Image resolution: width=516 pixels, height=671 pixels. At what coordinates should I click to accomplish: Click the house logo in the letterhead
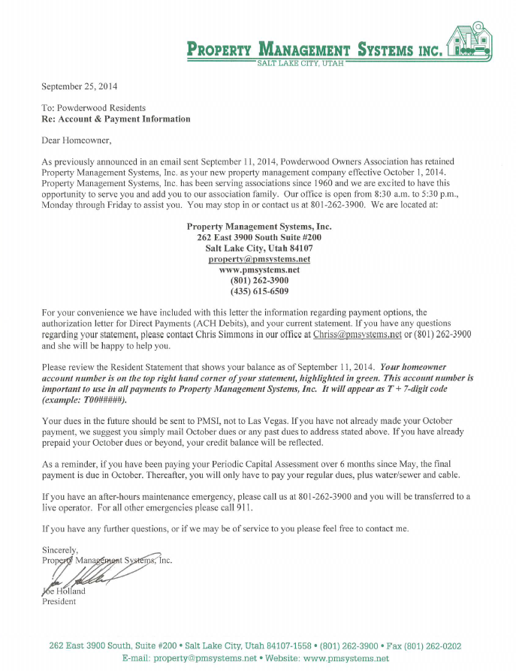(468, 41)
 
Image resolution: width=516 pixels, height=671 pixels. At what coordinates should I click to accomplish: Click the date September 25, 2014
(80, 86)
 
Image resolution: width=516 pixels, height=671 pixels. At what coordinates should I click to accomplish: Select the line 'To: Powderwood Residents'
(94, 108)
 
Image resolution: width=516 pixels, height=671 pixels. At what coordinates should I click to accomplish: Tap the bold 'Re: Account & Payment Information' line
(116, 119)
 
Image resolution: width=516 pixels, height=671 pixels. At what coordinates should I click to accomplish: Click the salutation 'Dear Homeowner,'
(77, 140)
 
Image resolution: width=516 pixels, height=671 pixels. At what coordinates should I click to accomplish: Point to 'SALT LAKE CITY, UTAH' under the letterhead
(300, 63)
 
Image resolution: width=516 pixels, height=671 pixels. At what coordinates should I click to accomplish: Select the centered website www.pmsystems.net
(259, 269)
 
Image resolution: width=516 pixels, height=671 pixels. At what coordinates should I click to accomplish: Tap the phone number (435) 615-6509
(259, 290)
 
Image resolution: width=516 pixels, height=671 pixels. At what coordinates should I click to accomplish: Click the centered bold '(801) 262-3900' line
(259, 280)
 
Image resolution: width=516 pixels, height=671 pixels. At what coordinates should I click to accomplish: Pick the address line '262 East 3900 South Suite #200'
(259, 237)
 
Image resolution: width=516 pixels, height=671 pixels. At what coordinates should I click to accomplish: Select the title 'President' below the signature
(59, 601)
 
